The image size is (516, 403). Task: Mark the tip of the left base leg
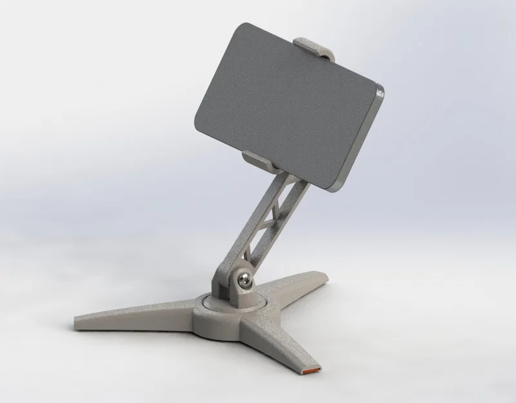(x=77, y=320)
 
